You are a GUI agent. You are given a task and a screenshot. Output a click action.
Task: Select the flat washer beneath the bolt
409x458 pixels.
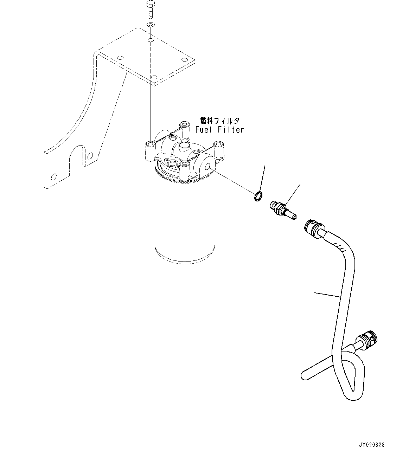click(x=151, y=25)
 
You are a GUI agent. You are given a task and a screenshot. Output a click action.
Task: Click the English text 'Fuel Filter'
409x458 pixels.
click(x=219, y=130)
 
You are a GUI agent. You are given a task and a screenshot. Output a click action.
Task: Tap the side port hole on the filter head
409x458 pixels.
click(x=207, y=167)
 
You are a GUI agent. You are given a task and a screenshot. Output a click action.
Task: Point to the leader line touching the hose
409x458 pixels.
click(x=327, y=295)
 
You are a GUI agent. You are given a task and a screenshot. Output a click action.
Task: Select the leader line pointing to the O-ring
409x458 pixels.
click(x=262, y=179)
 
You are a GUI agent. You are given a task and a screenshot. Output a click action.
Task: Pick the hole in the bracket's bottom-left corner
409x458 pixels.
click(x=53, y=177)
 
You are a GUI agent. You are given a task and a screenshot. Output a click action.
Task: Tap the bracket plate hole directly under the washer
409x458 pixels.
click(x=151, y=41)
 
